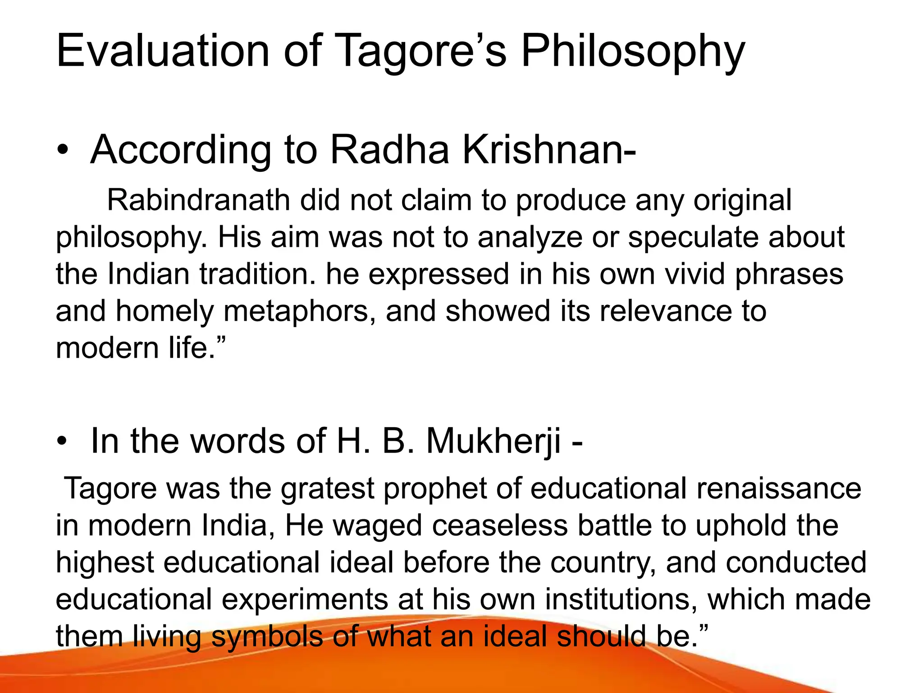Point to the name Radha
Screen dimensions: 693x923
point(389,150)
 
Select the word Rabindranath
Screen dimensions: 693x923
point(198,200)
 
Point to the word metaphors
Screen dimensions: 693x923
point(300,311)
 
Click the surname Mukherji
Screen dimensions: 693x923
point(493,441)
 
